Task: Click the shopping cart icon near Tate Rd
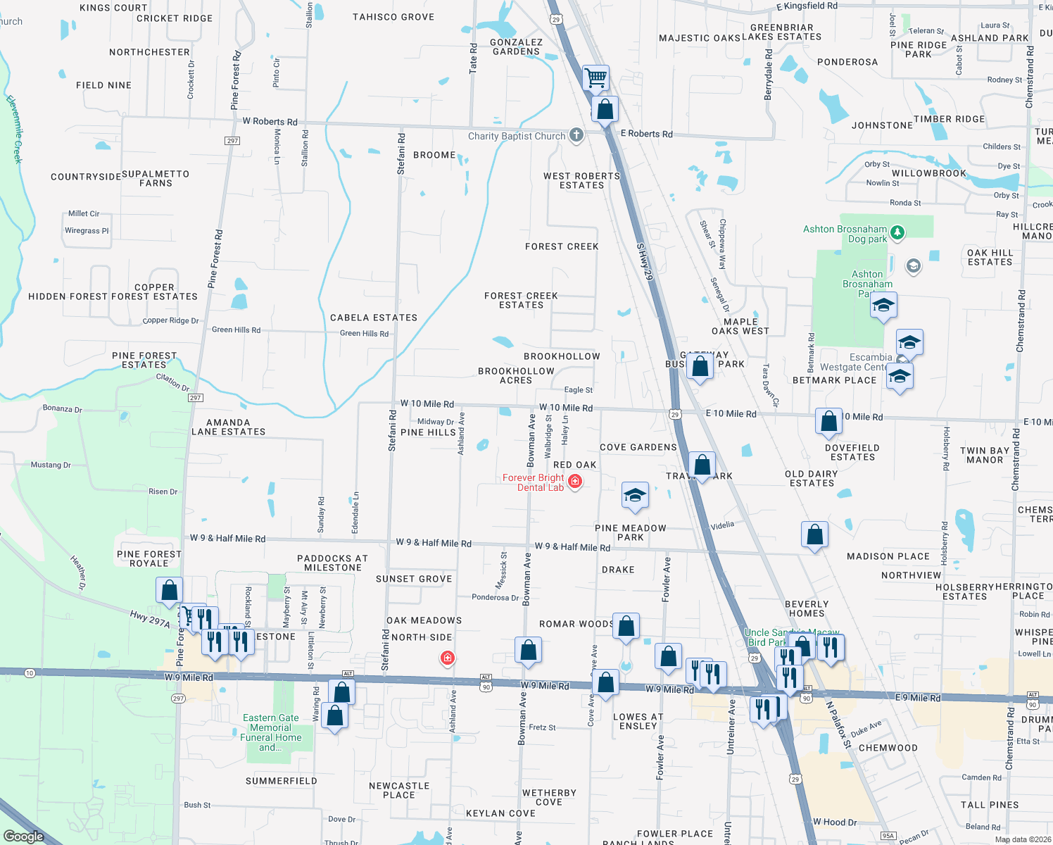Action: click(596, 77)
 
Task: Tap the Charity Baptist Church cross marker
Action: click(576, 135)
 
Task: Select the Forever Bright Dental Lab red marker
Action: click(575, 481)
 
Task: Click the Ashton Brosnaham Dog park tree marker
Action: click(897, 232)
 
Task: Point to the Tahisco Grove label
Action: click(393, 17)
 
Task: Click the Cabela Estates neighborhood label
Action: click(374, 318)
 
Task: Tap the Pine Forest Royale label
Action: click(149, 558)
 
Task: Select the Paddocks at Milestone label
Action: click(333, 563)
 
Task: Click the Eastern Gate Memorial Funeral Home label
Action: click(271, 732)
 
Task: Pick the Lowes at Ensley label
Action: click(638, 721)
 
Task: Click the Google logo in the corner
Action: click(23, 837)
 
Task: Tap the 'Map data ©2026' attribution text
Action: click(1021, 839)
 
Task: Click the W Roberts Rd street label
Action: click(270, 121)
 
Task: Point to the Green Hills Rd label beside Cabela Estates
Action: click(364, 333)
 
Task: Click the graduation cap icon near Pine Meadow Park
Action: click(635, 495)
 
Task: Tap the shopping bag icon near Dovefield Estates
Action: click(829, 421)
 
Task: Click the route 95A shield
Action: click(888, 836)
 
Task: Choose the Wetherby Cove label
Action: click(549, 797)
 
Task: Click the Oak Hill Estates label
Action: click(990, 257)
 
